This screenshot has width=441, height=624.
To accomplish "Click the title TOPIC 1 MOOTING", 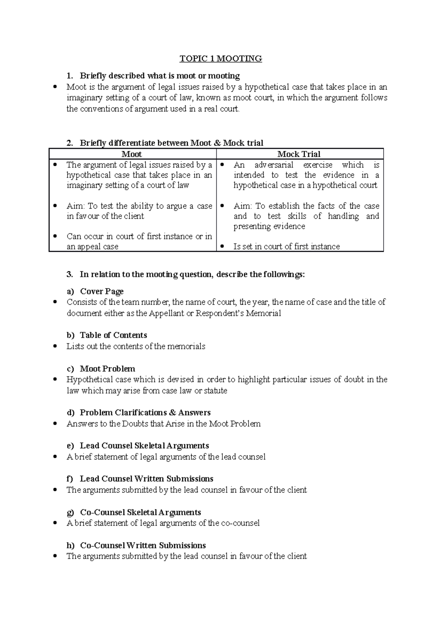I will tap(220, 59).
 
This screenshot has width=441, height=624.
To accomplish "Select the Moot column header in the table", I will tap(132, 154).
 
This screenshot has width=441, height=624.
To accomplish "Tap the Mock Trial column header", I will tap(299, 154).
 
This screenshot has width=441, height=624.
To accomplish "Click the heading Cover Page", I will tap(101, 291).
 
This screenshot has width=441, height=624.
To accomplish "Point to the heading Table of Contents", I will tap(113, 335).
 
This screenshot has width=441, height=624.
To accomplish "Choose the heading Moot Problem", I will tap(107, 369).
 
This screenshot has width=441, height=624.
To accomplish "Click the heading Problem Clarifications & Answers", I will tap(145, 412).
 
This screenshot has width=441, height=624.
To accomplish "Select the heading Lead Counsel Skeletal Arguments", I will tap(144, 446).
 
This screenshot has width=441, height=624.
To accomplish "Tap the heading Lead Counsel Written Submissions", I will tap(147, 479).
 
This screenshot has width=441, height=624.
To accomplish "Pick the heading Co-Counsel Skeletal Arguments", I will tap(140, 512).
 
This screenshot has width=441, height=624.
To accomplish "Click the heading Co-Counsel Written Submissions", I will tap(143, 545).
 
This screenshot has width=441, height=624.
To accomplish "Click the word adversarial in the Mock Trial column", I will tap(274, 165).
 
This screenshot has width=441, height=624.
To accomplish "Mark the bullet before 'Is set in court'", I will tap(222, 247).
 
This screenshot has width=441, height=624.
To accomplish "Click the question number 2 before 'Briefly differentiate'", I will tap(69, 143).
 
